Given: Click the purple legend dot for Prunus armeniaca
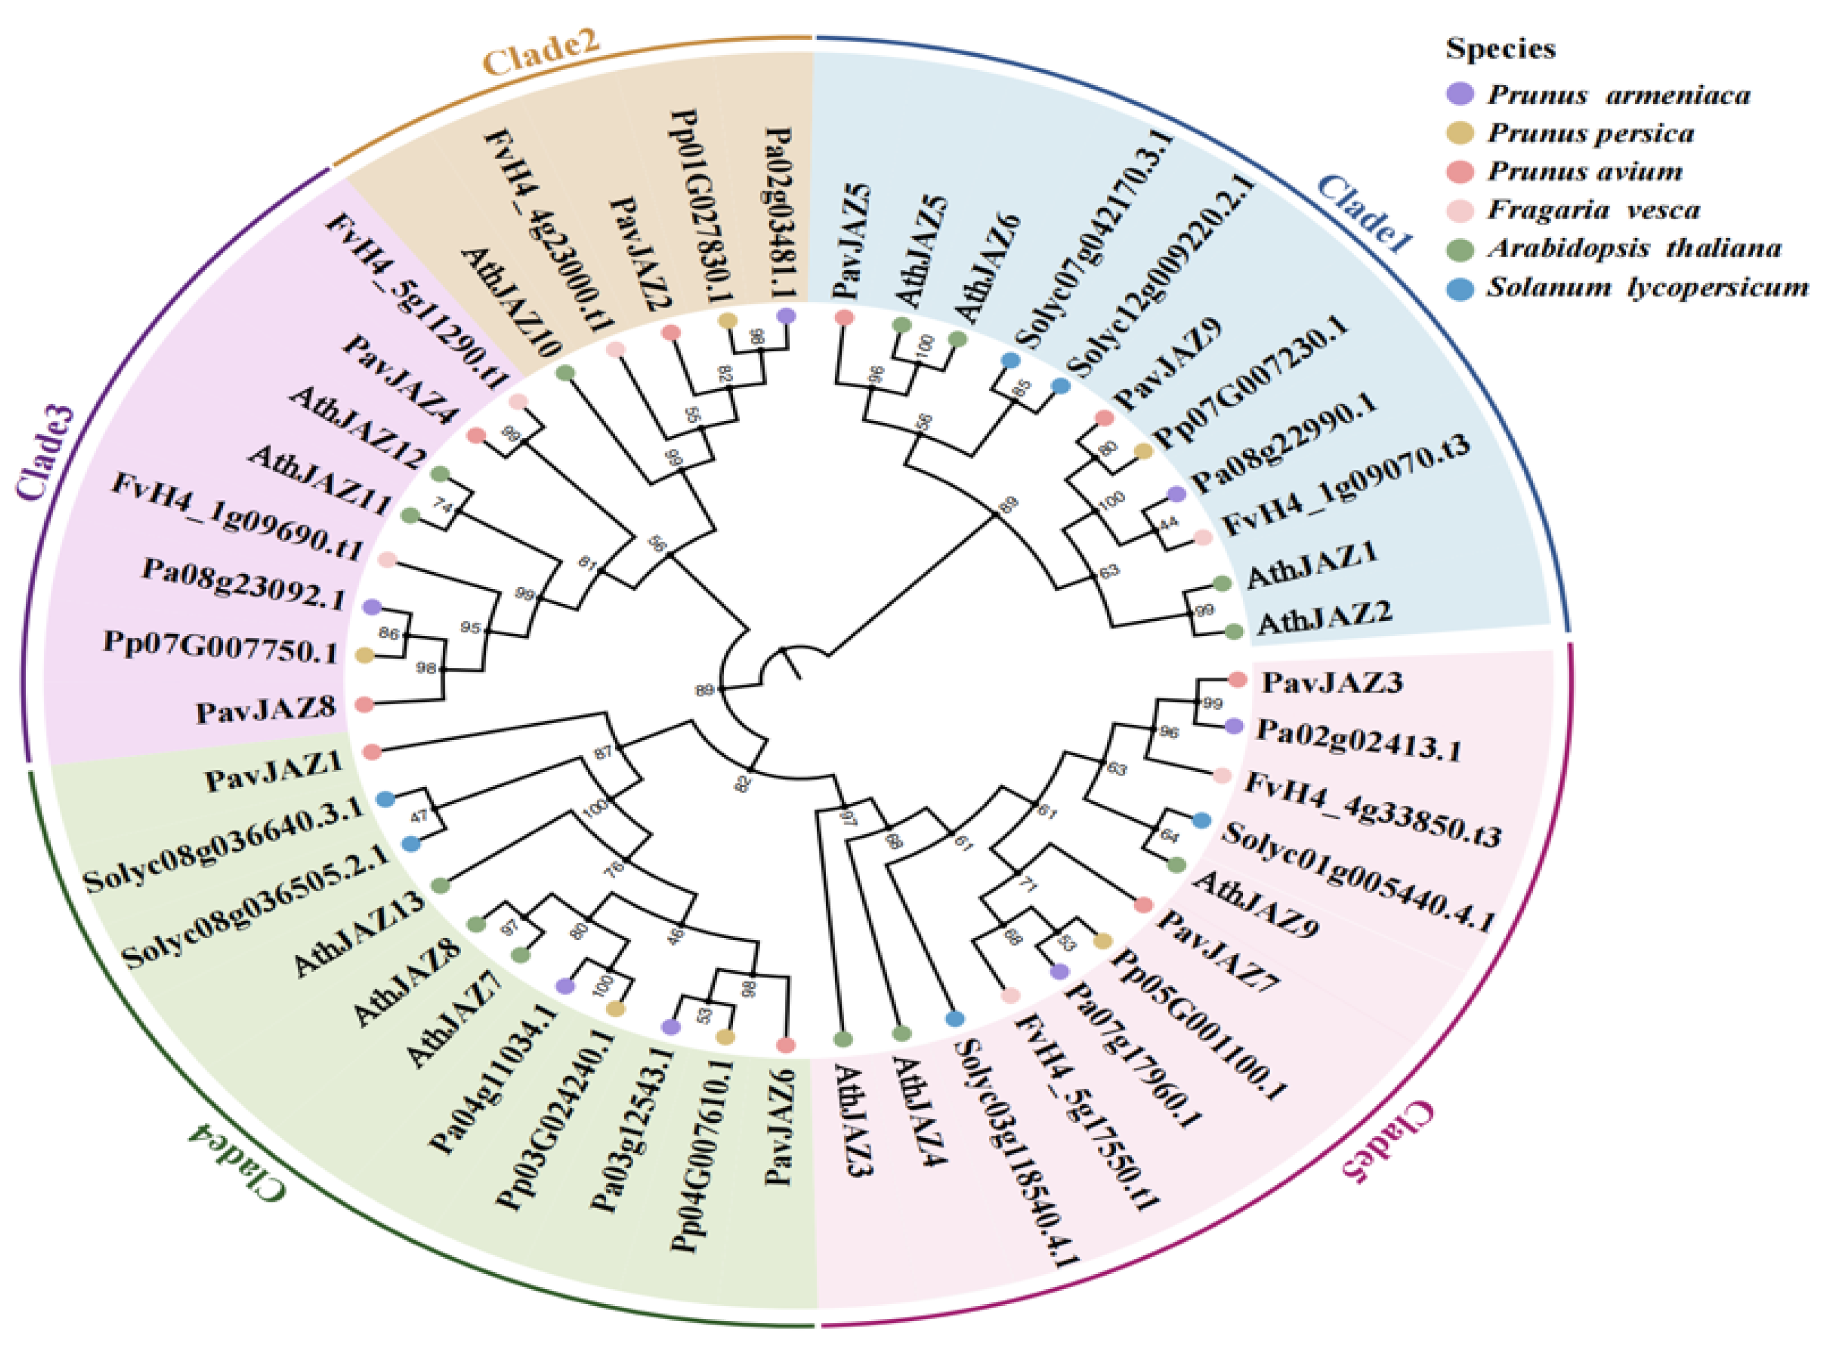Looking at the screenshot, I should point(1460,94).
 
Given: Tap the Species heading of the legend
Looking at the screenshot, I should point(1500,48).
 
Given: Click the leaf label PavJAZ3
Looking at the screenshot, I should point(1332,681).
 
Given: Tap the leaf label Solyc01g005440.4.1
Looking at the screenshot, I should point(1357,876).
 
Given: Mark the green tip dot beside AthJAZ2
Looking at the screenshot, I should point(1234,631).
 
